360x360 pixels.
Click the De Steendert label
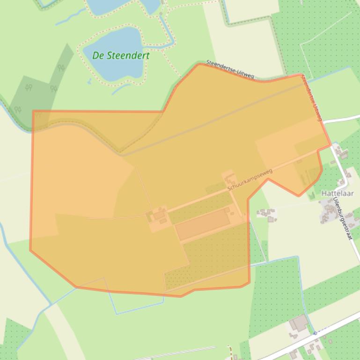tap(121, 55)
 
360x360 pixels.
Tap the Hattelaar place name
tap(337, 193)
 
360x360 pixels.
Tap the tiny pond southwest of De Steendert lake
tap(89, 81)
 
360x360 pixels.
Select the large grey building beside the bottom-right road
tap(298, 323)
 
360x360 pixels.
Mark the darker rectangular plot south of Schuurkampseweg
tap(202, 224)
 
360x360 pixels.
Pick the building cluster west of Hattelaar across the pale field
tap(266, 214)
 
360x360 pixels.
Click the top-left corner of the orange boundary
tap(33, 111)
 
